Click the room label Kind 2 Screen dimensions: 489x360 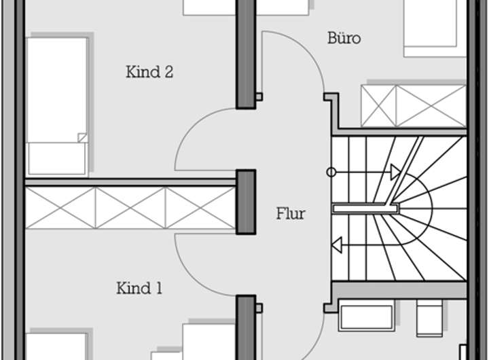pyautogui.click(x=149, y=72)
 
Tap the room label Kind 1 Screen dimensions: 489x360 pyautogui.click(x=139, y=289)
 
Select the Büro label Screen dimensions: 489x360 pyautogui.click(x=344, y=38)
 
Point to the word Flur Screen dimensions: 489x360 pyautogui.click(x=290, y=214)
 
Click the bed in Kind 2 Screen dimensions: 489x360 pyautogui.click(x=57, y=105)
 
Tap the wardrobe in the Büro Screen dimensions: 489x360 pyautogui.click(x=414, y=105)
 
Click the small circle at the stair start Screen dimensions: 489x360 pyautogui.click(x=331, y=173)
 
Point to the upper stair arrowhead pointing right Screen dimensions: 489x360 pyautogui.click(x=395, y=173)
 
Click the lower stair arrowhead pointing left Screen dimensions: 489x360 pyautogui.click(x=337, y=243)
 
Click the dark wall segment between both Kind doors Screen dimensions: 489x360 pyautogui.click(x=245, y=202)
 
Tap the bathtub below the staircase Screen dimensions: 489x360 pyautogui.click(x=366, y=318)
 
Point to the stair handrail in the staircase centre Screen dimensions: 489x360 pyautogui.click(x=363, y=208)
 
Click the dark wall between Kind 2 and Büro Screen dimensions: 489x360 pyautogui.click(x=245, y=54)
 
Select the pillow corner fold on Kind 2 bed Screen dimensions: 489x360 pyautogui.click(x=83, y=137)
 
